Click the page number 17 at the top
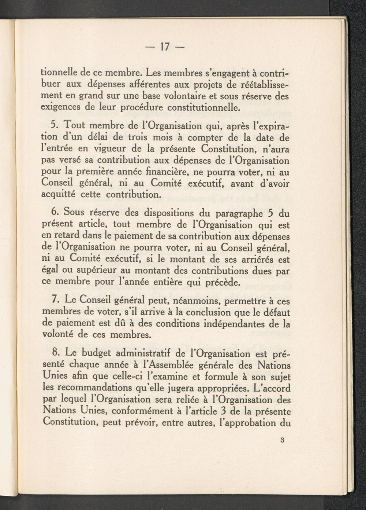pyautogui.click(x=165, y=47)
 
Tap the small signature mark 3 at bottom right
pyautogui.click(x=282, y=440)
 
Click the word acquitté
pyautogui.click(x=59, y=194)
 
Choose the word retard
pyautogui.click(x=68, y=236)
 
